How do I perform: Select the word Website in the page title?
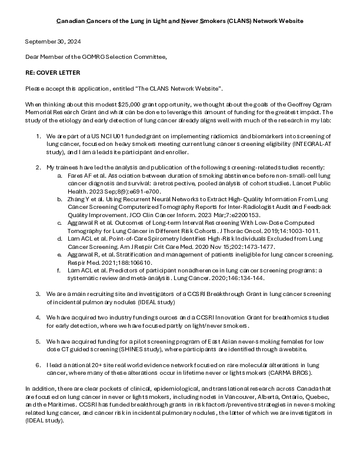coord(290,21)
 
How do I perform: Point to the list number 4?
coord(38,317)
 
